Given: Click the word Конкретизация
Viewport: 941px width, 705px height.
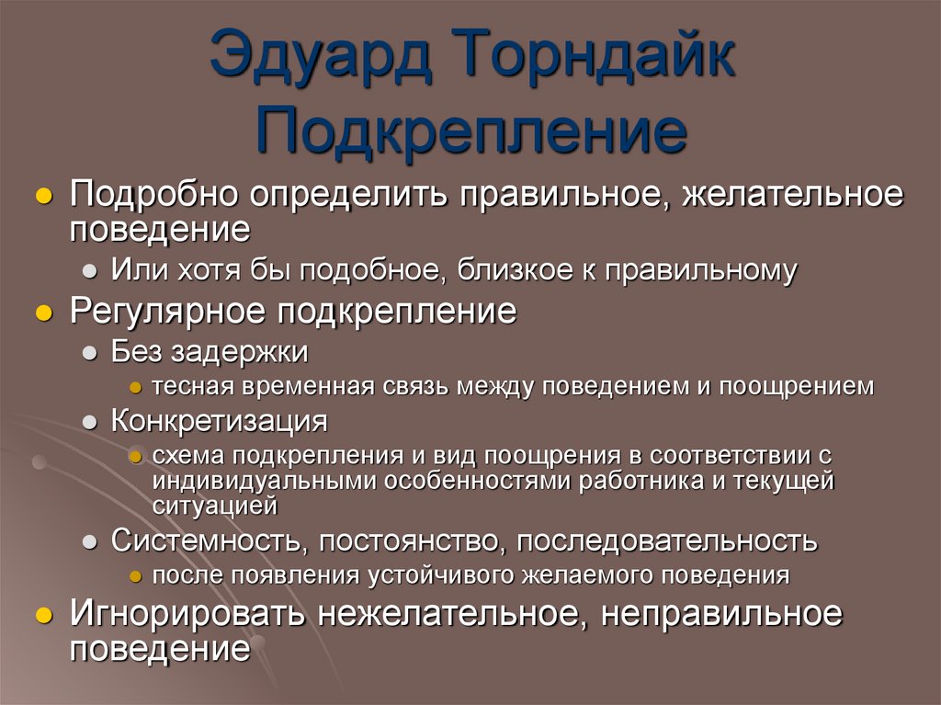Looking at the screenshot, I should click(220, 421).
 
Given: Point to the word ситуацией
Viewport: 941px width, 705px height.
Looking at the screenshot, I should click(215, 505).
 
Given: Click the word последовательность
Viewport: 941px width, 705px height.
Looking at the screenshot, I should click(666, 540).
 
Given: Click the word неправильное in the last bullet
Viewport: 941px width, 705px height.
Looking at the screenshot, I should click(721, 615).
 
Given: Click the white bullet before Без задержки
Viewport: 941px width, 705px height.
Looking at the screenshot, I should click(90, 353).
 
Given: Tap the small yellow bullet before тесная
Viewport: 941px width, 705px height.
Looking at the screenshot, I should click(134, 387).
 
